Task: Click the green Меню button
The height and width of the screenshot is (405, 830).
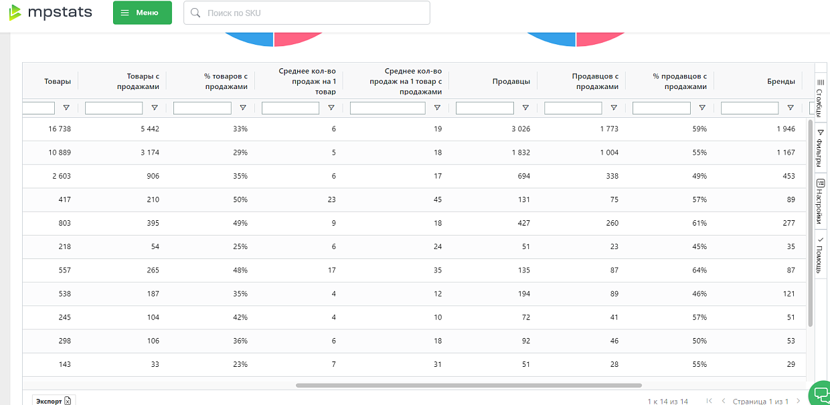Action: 142,13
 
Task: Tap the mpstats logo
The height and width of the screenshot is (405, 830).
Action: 51,12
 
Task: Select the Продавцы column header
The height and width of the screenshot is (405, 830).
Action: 511,82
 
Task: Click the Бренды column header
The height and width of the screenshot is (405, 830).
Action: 780,82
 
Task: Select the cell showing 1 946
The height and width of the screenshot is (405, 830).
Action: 786,129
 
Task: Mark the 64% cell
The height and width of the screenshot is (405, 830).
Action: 699,270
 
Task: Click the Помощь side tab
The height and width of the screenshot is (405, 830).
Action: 821,254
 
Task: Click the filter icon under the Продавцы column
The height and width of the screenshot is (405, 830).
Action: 525,108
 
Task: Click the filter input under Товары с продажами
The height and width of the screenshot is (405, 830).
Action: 114,108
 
